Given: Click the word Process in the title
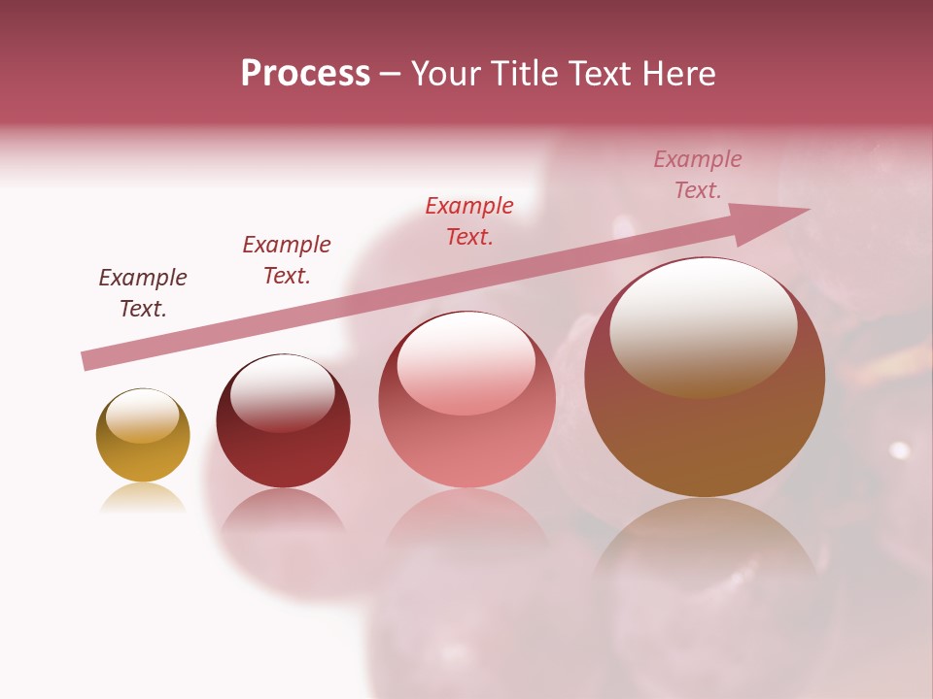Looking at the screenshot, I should tap(305, 74).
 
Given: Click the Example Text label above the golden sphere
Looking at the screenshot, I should tap(143, 292).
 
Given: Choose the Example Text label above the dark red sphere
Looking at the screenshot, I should tap(287, 259).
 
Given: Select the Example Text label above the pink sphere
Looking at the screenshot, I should tap(469, 220).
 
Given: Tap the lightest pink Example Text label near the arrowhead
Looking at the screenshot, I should tap(697, 175).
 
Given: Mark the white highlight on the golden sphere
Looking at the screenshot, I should tap(142, 416).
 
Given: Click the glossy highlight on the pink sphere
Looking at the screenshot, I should tap(466, 361).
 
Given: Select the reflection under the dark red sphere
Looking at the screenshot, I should tap(283, 513).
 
